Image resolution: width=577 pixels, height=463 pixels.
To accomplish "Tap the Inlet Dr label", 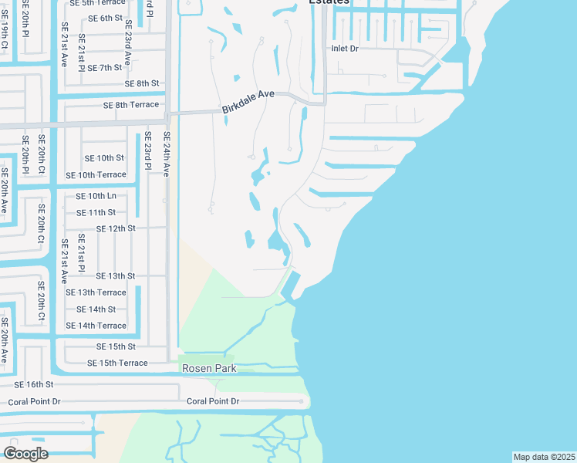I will pos(345,49).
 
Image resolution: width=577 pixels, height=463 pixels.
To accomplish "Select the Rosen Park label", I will pos(208,369).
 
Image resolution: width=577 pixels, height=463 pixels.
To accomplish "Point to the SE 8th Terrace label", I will pos(131,105).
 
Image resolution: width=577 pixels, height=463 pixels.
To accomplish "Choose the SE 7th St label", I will pos(105,68).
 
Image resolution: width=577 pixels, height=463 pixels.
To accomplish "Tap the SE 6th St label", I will pos(105,18).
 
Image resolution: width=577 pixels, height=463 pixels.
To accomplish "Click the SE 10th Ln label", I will pos(96,196).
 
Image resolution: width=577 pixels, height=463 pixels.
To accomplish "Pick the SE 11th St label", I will pos(96,212).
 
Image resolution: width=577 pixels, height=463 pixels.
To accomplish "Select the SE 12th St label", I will pos(116,228).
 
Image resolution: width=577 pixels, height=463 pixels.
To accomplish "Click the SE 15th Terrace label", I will pos(117,363).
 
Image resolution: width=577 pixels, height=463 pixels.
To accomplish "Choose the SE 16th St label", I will pos(34,384).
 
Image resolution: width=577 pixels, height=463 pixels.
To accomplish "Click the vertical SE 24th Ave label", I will pos(165,154).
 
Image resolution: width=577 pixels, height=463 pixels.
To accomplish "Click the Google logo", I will pos(25,453).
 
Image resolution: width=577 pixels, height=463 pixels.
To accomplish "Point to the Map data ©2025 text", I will pos(544,457).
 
